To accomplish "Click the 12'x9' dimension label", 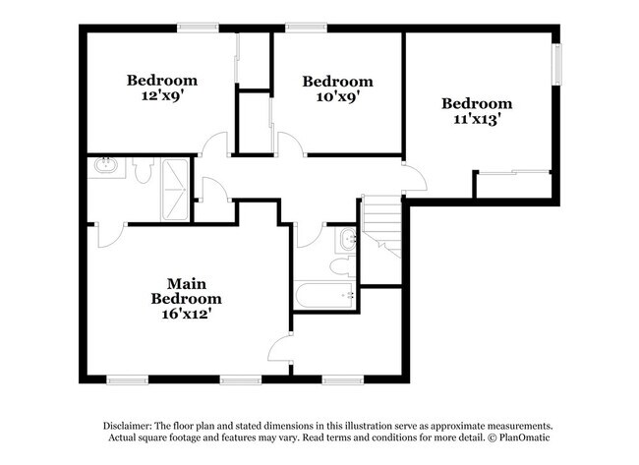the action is [160, 95].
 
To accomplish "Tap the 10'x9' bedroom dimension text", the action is [337, 97].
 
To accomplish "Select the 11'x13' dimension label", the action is [477, 119].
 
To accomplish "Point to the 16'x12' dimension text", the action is [186, 314].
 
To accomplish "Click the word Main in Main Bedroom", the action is [186, 284].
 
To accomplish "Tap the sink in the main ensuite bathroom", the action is [106, 166].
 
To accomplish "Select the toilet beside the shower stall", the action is [143, 170].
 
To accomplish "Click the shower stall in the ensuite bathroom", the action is [174, 190].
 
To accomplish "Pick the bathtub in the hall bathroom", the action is [324, 295].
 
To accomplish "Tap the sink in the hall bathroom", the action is [346, 240].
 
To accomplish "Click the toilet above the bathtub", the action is [343, 265].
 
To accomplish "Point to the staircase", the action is [381, 226].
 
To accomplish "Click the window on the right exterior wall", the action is [556, 64].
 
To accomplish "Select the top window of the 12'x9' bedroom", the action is [198, 28].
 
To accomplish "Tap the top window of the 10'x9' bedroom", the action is [306, 28].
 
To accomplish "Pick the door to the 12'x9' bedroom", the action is [214, 144].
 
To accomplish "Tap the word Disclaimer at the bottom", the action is [128, 426].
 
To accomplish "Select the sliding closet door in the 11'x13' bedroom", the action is [513, 172].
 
